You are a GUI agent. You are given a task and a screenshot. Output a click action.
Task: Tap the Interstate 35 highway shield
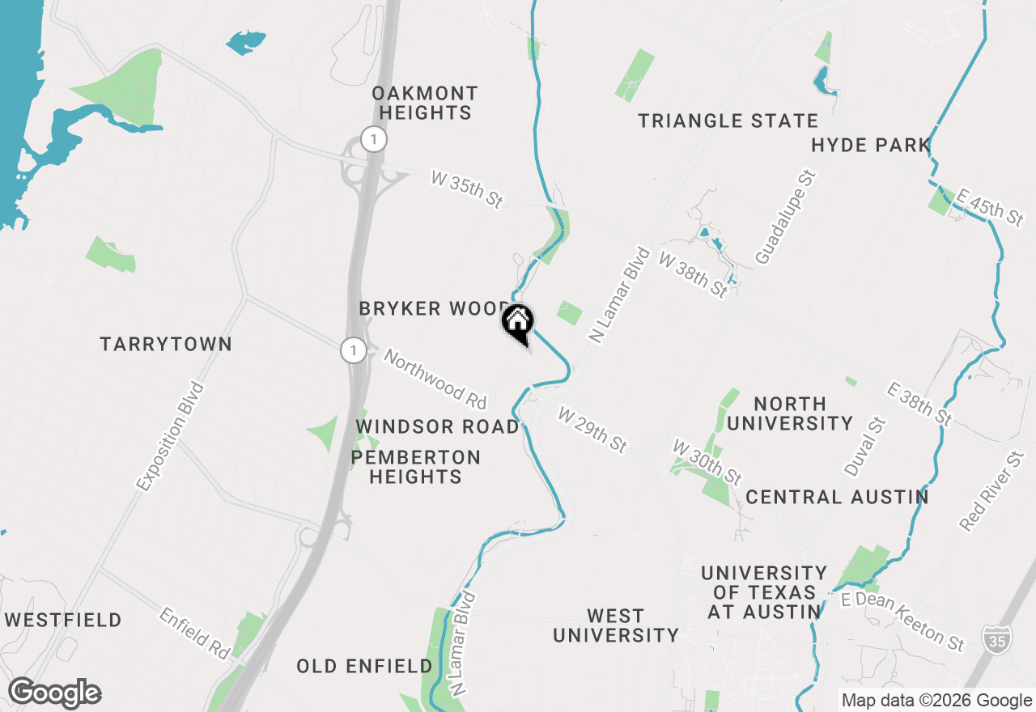[996, 639]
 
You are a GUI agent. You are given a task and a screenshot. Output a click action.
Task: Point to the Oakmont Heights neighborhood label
[425, 104]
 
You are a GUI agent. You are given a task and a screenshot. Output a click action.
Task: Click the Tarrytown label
[166, 345]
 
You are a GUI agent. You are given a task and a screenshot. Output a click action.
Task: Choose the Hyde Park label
[870, 146]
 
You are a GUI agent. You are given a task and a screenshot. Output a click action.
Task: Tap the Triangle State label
[728, 121]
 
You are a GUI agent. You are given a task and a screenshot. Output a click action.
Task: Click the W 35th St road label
[466, 189]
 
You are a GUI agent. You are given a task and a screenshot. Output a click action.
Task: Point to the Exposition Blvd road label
[171, 437]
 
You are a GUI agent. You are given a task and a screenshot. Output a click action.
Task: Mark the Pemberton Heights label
[416, 468]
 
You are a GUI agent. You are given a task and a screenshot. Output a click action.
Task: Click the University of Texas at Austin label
[764, 593]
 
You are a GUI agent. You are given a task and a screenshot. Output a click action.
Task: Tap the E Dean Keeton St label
[903, 621]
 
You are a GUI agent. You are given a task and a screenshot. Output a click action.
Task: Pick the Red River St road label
[991, 492]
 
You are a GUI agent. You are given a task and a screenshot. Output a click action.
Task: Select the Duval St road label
[866, 447]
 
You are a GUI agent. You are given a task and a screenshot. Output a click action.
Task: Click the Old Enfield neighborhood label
[364, 667]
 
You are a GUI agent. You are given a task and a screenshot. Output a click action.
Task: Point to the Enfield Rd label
[195, 634]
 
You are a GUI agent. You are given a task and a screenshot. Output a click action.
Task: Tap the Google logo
[54, 693]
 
